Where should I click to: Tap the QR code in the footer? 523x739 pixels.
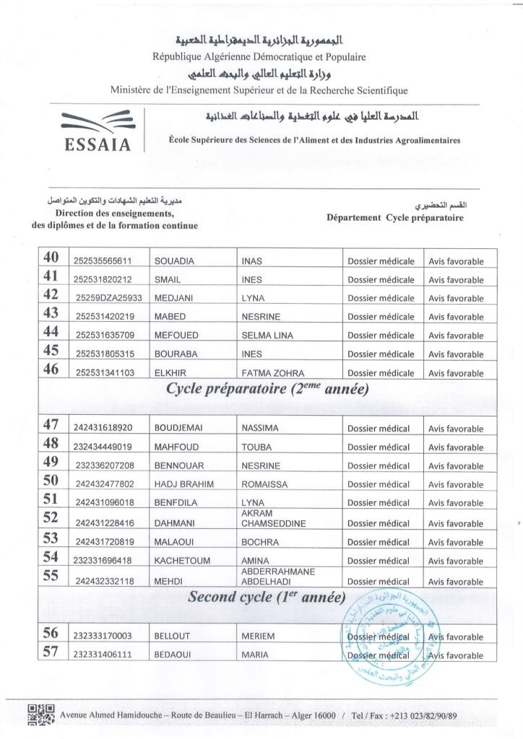[x=41, y=714]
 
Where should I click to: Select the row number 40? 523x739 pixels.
[x=51, y=260]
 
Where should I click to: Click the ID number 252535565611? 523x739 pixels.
[x=103, y=261]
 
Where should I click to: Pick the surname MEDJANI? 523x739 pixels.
[x=172, y=298]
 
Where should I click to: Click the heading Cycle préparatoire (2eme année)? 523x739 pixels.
[x=268, y=390]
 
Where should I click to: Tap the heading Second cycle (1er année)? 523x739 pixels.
[x=267, y=598]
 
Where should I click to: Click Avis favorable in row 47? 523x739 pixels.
[x=456, y=429]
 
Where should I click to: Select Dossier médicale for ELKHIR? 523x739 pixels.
[x=381, y=373]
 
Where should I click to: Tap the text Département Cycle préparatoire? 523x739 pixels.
[x=394, y=217]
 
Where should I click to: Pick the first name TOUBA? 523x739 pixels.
[x=256, y=447]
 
